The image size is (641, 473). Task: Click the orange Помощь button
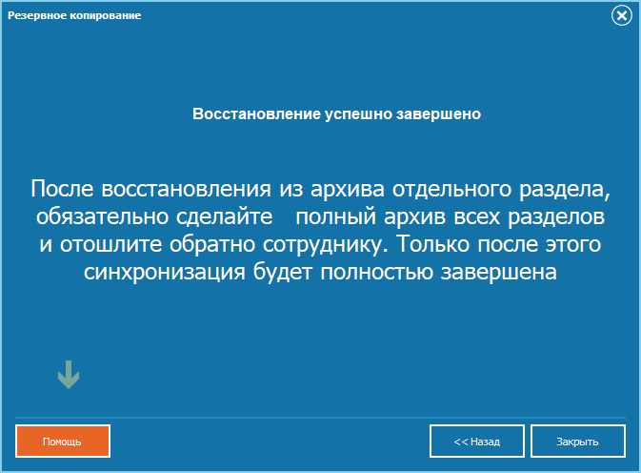pos(63,442)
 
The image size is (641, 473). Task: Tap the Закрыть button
pos(577,442)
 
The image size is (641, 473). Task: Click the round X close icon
pos(622,15)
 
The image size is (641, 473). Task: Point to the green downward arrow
pos(69,375)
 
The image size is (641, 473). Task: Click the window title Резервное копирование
pos(74,15)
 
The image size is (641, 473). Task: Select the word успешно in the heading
pos(358,114)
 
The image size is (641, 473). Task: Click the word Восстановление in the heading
pos(256,113)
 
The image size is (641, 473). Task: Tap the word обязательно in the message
pos(102,216)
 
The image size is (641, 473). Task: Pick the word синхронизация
pos(165,272)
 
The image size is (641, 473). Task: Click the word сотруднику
pos(325,244)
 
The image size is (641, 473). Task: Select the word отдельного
pos(451,189)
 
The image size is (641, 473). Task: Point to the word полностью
pos(376,272)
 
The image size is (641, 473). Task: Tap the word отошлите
pos(111,244)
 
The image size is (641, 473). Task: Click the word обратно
pos(212,244)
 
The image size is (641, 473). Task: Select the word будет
pos(283,272)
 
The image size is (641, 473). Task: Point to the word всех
pos(476,216)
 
